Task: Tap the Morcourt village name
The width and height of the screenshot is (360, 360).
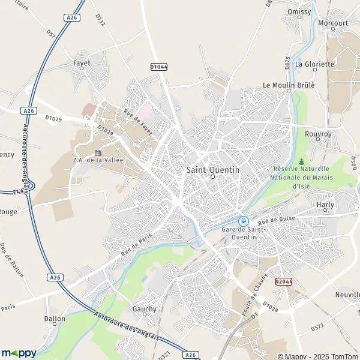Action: (334, 23)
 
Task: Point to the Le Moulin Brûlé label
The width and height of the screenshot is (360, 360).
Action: (289, 85)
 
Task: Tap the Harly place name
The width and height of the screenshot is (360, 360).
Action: (325, 205)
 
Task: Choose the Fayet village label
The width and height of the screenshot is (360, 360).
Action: (82, 62)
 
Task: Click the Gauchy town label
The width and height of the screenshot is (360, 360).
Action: (145, 309)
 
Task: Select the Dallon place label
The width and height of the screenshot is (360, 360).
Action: (55, 319)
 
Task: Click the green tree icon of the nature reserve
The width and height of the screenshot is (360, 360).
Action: (301, 161)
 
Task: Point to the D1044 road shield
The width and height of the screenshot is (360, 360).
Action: (158, 67)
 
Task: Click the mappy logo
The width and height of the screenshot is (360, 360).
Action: (19, 353)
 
